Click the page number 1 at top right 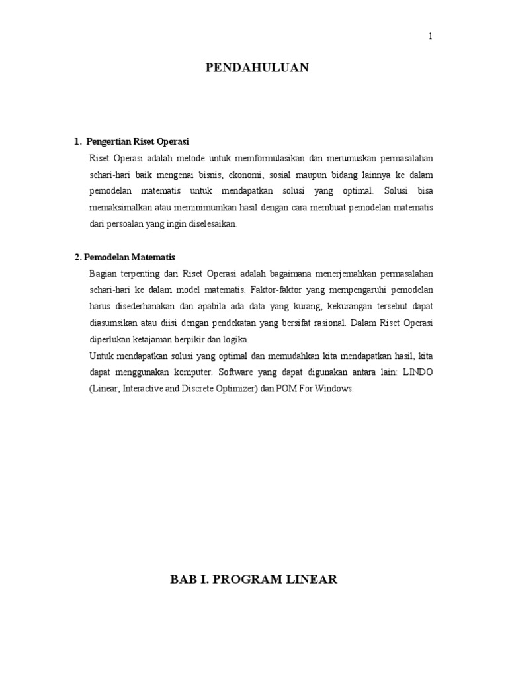click(430, 37)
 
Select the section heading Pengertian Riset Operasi click(138, 142)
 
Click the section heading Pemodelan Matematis click(130, 257)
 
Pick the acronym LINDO click(415, 372)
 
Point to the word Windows click(336, 389)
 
